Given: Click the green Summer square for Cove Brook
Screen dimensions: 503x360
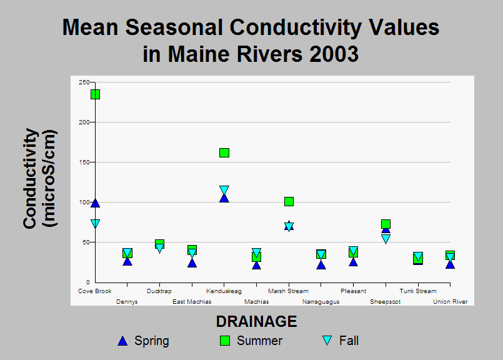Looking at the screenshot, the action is click(x=95, y=94).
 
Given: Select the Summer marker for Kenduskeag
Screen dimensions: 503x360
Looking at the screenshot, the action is click(x=224, y=152).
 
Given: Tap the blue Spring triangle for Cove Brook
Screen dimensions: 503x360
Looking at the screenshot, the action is click(x=95, y=203).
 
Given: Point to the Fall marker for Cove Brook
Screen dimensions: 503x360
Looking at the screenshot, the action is click(x=95, y=224).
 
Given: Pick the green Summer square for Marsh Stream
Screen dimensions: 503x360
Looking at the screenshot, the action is click(x=289, y=201).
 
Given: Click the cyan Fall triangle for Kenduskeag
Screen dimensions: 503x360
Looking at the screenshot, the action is click(x=224, y=190).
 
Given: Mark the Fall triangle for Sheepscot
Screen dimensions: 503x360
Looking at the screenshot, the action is click(x=386, y=239).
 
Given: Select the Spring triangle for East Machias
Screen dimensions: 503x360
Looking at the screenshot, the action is click(x=192, y=263).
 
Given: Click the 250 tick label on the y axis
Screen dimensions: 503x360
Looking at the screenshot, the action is click(x=84, y=82).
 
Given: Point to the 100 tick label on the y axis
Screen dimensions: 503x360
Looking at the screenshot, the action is click(x=84, y=202).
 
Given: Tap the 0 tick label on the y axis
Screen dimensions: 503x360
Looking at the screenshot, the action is click(x=88, y=282).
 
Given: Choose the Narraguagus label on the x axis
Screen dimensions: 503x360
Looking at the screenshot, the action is click(x=321, y=302).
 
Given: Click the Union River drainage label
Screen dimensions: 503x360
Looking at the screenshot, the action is click(x=450, y=302).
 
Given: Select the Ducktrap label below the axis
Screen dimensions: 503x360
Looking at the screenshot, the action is click(x=159, y=291).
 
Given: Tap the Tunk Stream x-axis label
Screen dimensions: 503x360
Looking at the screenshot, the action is click(x=418, y=291).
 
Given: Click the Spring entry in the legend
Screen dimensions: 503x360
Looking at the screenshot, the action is click(x=143, y=341).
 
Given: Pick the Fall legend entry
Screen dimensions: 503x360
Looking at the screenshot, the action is click(x=341, y=341).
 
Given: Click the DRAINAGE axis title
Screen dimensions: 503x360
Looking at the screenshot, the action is click(x=257, y=321).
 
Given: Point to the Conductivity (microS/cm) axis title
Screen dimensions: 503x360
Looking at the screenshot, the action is click(x=40, y=178).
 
